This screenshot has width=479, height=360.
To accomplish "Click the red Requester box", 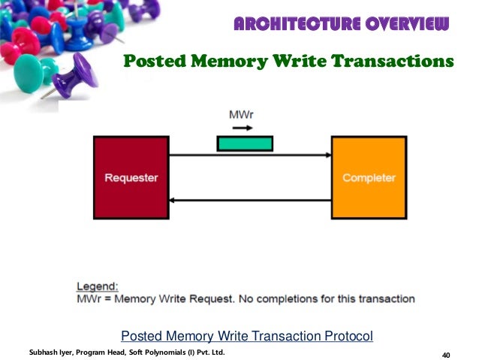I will coord(130,178).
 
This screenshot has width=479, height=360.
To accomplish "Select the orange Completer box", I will coord(369,178).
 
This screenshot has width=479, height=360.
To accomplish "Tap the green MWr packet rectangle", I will coord(245,144).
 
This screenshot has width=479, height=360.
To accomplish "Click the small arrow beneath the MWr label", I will coord(243,128).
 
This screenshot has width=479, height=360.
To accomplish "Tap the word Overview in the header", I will coord(405,25).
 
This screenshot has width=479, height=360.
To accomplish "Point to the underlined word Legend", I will coord(98,286).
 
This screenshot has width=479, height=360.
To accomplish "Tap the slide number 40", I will coord(447,355).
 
